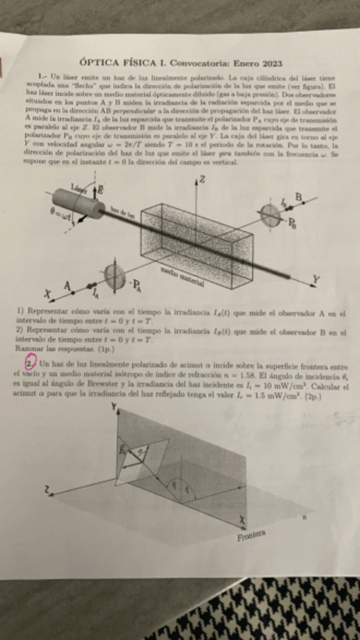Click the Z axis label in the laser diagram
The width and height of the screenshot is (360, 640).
pos(202,180)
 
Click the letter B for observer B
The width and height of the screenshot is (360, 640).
pos(297,198)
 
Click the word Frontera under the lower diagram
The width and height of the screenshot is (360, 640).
pos(252,537)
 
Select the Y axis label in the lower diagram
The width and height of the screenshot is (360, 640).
pos(114,407)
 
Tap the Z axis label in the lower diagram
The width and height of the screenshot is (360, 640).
pos(47,491)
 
